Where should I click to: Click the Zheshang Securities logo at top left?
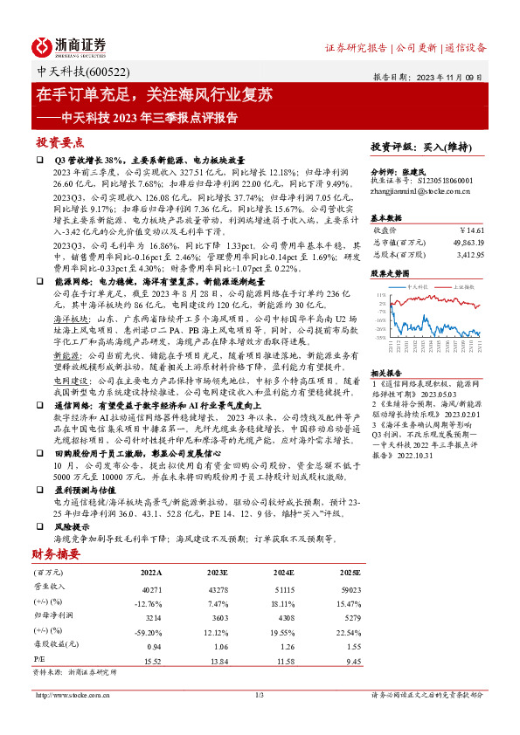(69, 46)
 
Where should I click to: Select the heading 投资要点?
(59, 141)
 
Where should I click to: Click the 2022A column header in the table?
(151, 573)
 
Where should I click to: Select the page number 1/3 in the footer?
(259, 695)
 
